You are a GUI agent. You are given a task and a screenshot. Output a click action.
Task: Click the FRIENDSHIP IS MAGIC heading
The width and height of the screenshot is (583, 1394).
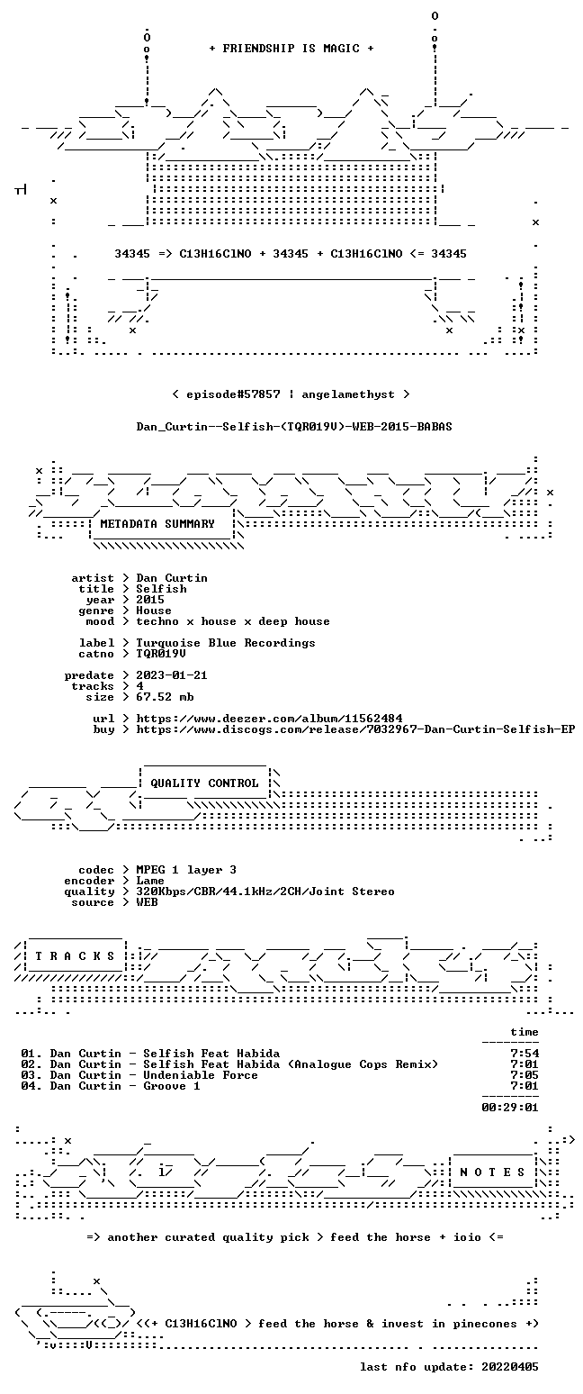point(291,49)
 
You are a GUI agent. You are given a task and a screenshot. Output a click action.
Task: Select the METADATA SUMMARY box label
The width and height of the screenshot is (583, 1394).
point(157,524)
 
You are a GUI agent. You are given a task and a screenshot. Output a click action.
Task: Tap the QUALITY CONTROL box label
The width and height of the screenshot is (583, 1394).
point(204,783)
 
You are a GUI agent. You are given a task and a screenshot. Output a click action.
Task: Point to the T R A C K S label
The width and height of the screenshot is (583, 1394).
point(76,955)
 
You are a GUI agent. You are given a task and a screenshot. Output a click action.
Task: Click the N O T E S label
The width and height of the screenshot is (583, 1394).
point(492,1172)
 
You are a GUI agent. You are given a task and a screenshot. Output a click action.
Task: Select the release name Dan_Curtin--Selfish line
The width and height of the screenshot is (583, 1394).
point(294,427)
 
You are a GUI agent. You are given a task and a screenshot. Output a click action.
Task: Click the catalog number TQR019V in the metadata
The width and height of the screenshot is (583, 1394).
point(161,654)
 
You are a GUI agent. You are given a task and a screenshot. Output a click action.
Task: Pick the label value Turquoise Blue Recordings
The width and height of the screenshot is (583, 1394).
point(226,644)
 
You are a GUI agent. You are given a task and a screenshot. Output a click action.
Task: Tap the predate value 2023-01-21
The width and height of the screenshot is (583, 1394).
point(172,675)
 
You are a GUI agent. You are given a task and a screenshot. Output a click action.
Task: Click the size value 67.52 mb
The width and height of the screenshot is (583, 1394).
point(165,697)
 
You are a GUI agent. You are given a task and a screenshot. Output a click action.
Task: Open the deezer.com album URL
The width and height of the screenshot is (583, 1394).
point(269,719)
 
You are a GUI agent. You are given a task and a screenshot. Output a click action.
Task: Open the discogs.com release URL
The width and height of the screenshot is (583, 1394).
point(355,729)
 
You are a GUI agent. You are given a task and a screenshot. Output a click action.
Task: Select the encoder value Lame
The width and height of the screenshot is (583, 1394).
point(150,882)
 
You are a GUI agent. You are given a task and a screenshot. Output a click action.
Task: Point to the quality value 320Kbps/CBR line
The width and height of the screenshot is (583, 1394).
point(265,892)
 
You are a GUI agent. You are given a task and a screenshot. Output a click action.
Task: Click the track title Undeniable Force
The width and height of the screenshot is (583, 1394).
point(200,1075)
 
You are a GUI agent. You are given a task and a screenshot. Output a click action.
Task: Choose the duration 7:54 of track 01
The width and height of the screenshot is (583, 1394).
point(525,1054)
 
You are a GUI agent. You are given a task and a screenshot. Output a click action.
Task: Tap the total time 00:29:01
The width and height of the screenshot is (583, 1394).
point(510,1108)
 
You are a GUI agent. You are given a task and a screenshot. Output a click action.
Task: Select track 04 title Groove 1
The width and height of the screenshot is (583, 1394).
point(172,1086)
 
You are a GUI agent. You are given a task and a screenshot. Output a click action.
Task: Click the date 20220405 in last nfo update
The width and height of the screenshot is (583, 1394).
point(510,1367)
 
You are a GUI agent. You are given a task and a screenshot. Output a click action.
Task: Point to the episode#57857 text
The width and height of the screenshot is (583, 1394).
point(233,394)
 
